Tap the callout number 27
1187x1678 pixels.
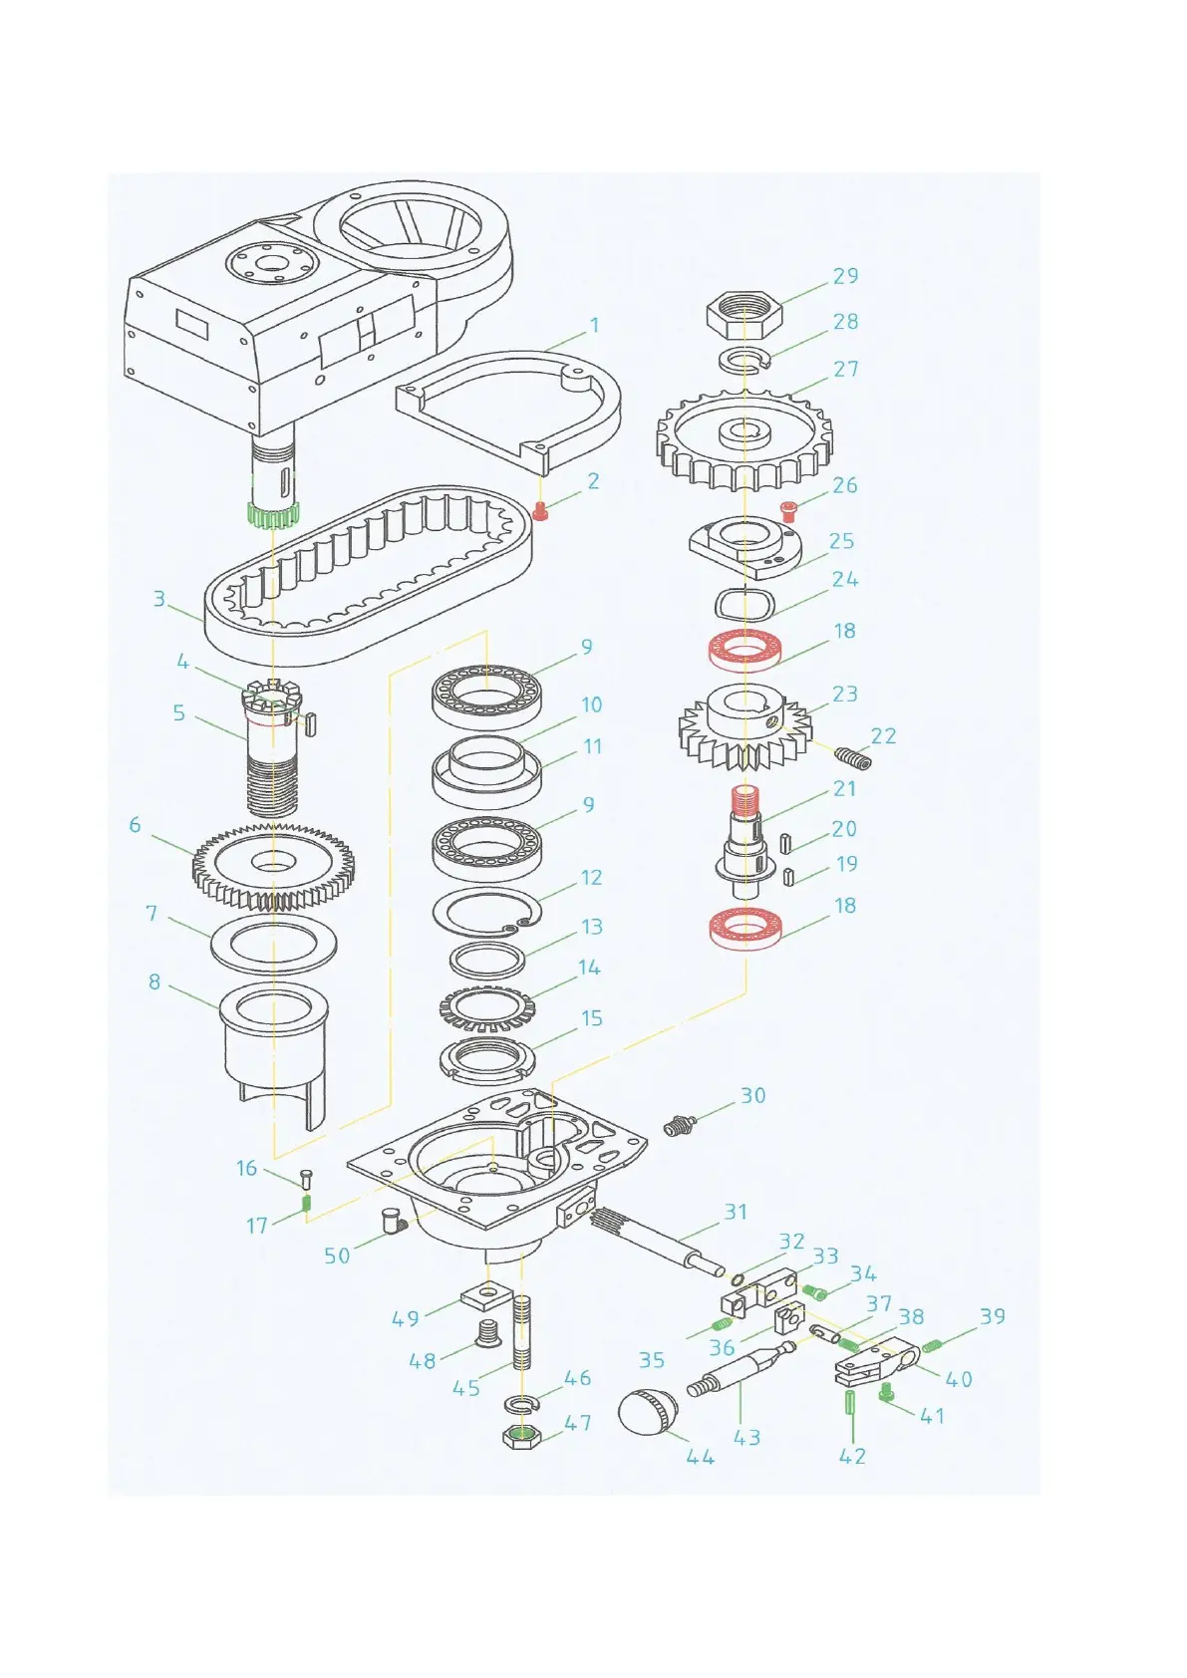pos(846,369)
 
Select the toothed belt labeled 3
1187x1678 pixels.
pos(369,578)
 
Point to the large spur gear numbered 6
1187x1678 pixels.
pos(274,865)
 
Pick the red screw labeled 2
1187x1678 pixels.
pos(542,512)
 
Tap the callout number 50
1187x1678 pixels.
pos(337,1256)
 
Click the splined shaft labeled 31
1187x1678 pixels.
pos(658,1241)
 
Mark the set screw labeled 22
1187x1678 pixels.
pos(852,760)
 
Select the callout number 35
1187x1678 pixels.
pos(652,1360)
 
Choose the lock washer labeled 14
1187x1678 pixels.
pos(486,1008)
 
